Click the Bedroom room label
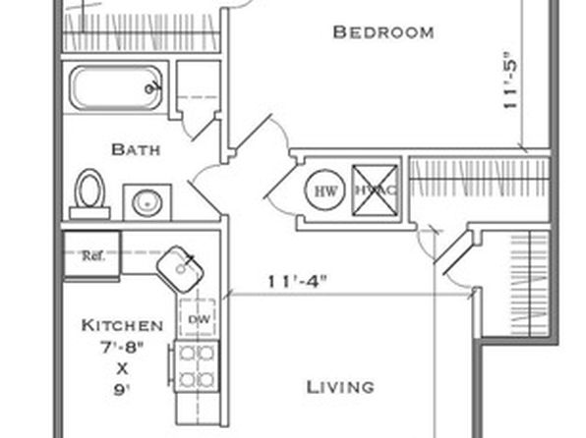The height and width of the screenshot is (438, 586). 383,32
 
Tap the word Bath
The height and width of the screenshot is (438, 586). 136,149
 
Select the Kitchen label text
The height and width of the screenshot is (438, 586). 122,325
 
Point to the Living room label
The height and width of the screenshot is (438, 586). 340,387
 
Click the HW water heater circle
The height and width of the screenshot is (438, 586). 324,191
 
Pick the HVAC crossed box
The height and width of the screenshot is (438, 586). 375,191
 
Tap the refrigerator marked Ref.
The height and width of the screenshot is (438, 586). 92,254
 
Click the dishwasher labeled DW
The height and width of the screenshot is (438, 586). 198,318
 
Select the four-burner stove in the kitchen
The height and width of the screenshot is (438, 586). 197,366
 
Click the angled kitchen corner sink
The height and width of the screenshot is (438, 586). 180,269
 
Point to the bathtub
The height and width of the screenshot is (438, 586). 116,88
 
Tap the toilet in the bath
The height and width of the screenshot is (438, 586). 89,194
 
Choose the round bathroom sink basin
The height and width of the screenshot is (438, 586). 147,202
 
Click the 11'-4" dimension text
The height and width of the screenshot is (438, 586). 298,281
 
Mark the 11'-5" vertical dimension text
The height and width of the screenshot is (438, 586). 510,79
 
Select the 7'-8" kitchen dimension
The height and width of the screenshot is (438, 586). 122,348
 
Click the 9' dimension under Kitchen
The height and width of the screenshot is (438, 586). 122,390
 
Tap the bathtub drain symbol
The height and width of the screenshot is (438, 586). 149,88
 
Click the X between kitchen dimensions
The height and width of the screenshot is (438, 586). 122,369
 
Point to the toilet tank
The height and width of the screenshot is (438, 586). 89,213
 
